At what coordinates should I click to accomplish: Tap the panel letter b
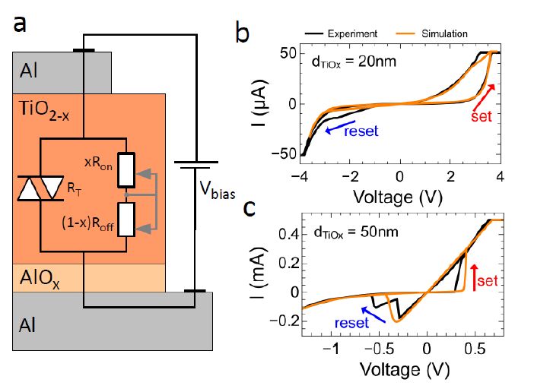click(243, 33)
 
